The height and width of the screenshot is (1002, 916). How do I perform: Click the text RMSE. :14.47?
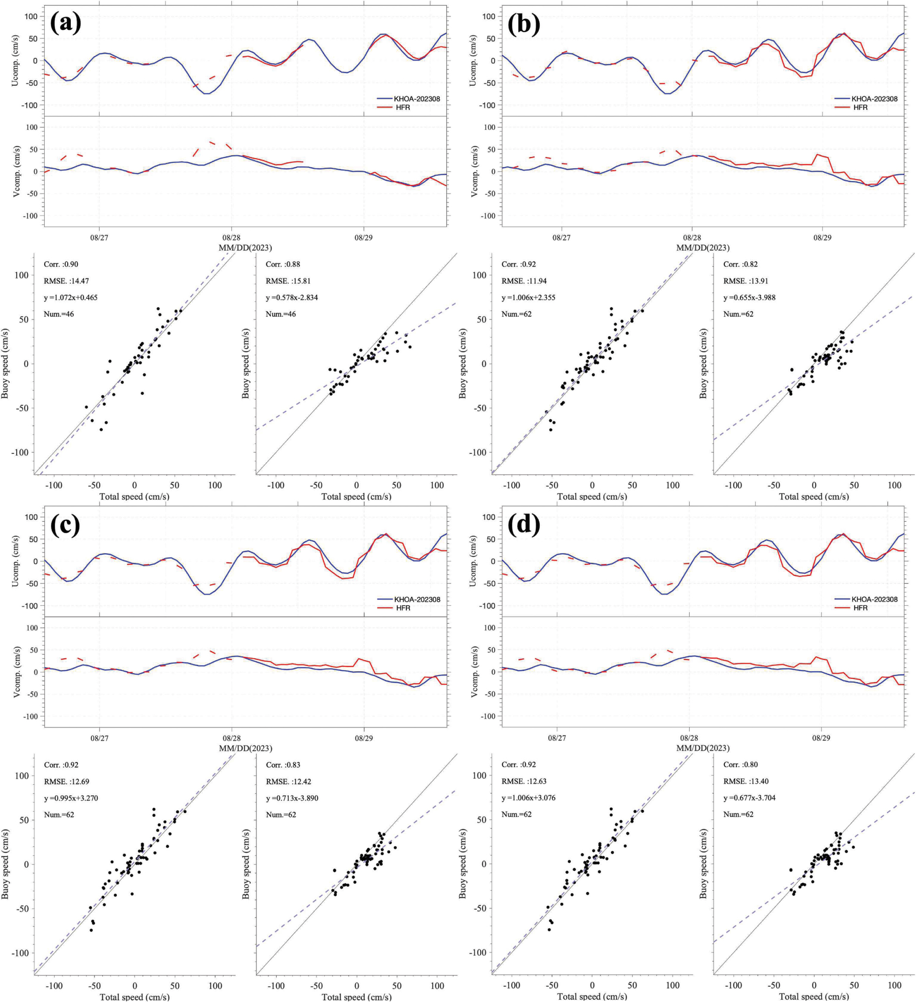64,281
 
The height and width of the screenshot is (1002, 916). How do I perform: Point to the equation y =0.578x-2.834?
292,298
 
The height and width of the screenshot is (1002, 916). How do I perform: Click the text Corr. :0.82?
740,264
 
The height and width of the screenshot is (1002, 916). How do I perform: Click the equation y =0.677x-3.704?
749,798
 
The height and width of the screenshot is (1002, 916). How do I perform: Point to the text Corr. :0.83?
283,765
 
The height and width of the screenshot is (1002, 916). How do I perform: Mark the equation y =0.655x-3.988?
749,298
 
